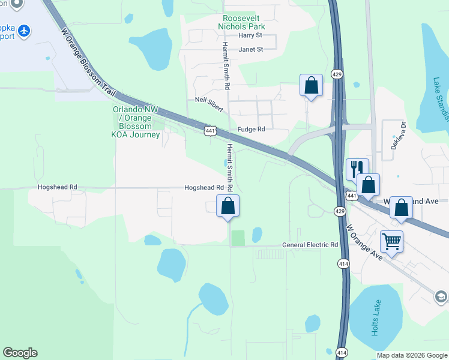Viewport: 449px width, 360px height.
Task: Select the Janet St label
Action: coord(251,49)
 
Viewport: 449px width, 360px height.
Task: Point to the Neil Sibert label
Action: coord(209,104)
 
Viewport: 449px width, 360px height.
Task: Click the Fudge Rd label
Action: coord(251,129)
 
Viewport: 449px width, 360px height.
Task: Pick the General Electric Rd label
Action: coord(310,245)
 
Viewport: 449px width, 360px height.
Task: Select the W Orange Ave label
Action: coord(364,243)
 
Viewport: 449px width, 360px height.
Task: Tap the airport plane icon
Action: coord(24,30)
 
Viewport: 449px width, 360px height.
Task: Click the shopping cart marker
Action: coord(391,242)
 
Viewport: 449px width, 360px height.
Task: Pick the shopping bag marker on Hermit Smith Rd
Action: coord(228,206)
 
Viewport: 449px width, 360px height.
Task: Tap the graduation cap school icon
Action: coord(441,296)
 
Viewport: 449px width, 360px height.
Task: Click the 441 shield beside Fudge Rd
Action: coord(209,130)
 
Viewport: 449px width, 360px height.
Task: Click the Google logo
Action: coord(20,353)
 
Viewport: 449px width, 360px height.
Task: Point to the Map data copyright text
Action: coord(412,355)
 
